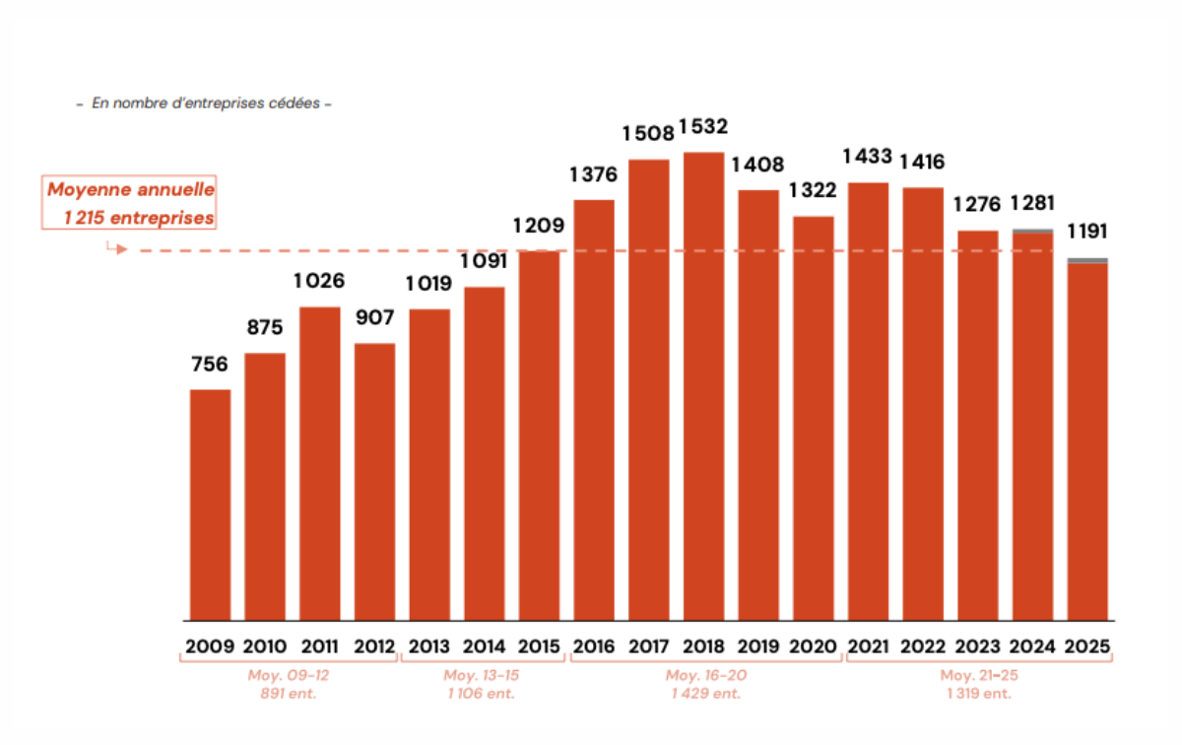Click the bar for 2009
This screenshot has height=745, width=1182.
click(x=210, y=505)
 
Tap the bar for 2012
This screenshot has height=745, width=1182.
click(x=374, y=482)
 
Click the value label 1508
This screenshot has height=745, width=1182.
click(x=647, y=133)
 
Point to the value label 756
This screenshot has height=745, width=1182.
click(x=210, y=365)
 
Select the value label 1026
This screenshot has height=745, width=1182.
click(x=319, y=281)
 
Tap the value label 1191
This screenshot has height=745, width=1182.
click(x=1087, y=232)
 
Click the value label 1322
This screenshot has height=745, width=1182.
click(x=814, y=190)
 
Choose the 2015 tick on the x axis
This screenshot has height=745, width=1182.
click(x=539, y=647)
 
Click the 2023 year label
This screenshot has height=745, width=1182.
click(x=977, y=647)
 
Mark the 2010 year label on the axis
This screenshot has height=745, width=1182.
click(x=264, y=647)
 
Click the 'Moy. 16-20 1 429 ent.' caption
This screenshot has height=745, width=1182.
click(x=703, y=684)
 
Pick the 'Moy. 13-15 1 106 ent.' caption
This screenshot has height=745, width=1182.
click(x=481, y=684)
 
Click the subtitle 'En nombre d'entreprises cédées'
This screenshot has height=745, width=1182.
click(x=205, y=103)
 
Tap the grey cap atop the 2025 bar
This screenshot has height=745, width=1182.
click(x=1087, y=260)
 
